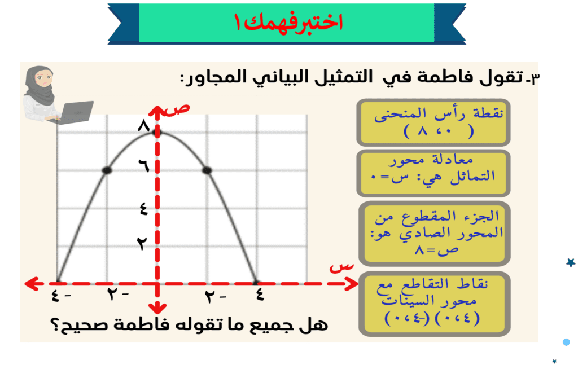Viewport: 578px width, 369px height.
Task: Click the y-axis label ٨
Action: (144, 126)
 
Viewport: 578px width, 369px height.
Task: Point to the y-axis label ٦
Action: (144, 165)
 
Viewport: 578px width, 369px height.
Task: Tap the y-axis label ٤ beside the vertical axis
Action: (144, 209)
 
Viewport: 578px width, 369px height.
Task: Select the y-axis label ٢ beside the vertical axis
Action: (142, 243)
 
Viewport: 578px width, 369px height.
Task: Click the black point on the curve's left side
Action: (107, 170)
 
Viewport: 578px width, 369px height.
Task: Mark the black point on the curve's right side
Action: (207, 170)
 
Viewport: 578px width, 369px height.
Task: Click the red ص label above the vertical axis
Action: (177, 109)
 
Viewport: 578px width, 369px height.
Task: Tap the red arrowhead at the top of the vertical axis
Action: (157, 111)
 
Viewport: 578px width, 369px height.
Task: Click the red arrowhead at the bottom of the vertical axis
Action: (157, 308)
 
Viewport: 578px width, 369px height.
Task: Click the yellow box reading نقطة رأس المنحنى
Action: (433, 122)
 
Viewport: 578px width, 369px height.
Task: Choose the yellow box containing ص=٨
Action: (435, 234)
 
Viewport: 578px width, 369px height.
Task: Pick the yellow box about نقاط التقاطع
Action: (435, 304)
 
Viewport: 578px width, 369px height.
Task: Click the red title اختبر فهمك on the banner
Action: (288, 22)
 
